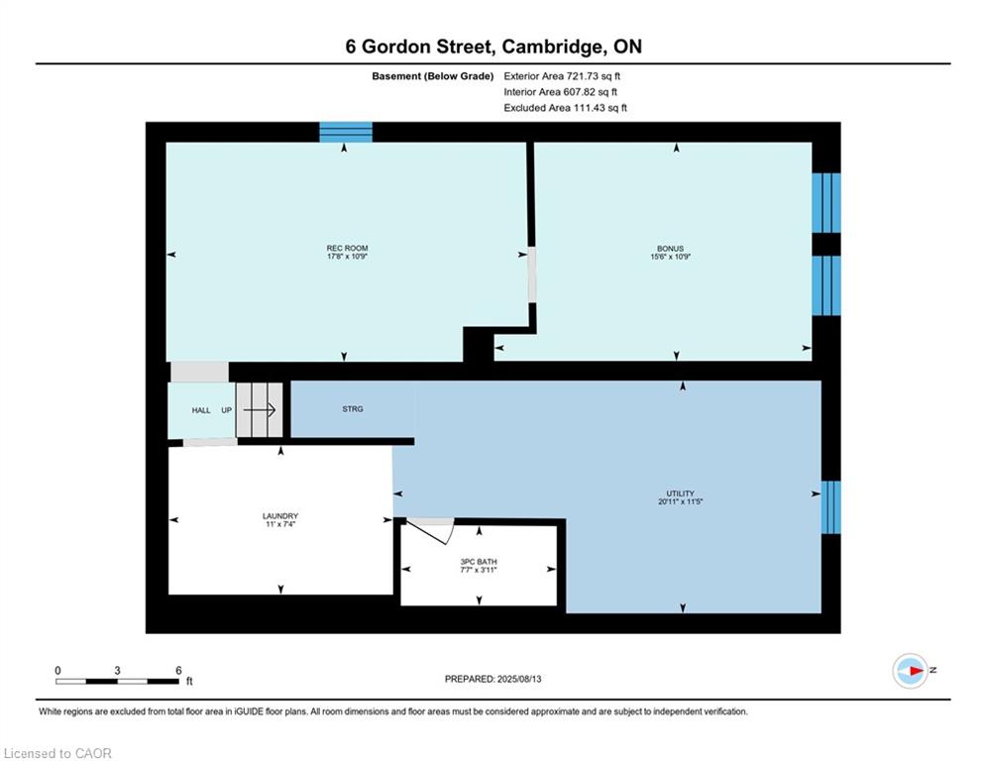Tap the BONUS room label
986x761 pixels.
670,249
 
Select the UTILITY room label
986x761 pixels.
680,493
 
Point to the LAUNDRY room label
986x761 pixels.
280,516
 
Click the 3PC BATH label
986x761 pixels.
480,562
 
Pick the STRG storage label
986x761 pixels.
352,408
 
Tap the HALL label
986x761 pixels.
201,410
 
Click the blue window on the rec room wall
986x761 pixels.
345,132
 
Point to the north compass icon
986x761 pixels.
910,671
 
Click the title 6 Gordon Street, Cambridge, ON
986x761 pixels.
493,47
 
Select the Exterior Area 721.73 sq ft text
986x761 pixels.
562,75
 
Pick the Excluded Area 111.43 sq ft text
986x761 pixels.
565,108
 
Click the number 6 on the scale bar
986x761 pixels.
178,671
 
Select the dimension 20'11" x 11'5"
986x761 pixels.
680,502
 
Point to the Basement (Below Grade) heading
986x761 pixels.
432,75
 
